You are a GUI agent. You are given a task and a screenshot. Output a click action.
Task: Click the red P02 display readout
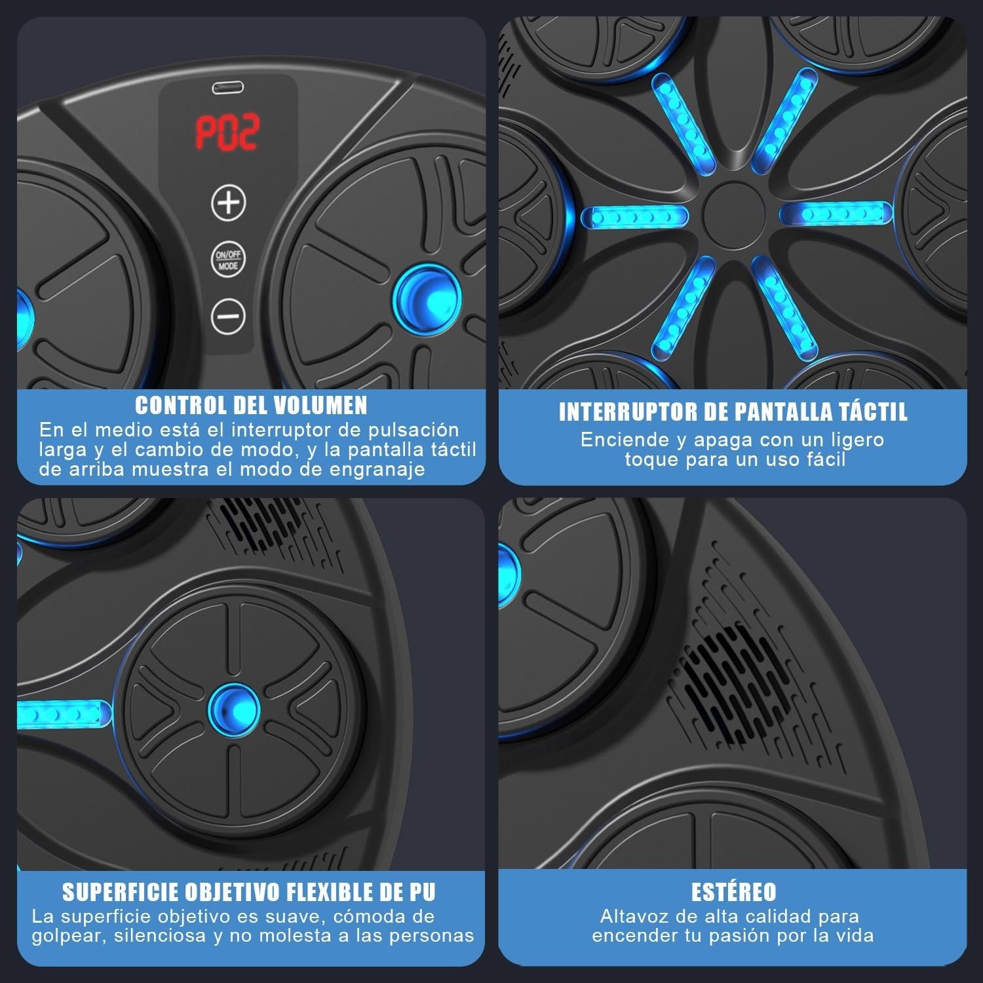coord(228,132)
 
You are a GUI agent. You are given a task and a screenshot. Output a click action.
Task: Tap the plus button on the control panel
coord(228,202)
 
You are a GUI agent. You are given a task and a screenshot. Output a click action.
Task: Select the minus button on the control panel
coord(228,316)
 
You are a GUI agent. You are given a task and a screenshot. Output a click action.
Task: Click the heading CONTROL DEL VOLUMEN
coord(251,406)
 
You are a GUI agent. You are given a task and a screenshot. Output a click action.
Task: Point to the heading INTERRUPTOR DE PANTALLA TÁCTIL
coord(733,412)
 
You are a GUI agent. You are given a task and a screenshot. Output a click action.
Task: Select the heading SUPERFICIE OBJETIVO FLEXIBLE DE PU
coord(249,892)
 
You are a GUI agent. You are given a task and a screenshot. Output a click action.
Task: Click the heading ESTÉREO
coord(733,892)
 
